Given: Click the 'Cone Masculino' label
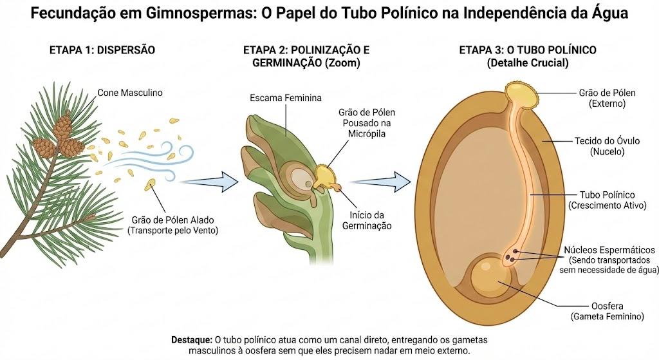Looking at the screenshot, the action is pos(130,93).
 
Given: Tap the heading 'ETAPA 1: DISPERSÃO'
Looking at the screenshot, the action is pos(102,50).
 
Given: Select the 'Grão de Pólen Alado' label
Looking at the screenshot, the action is pos(172,220).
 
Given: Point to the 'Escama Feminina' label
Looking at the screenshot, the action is pos(286,98).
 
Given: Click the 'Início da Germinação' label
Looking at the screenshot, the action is pos(367,220).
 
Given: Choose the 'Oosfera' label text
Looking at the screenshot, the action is pos(608,306).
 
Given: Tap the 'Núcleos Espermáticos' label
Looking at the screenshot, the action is pos(609,250).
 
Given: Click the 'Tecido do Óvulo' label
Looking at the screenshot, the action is pos(608,141).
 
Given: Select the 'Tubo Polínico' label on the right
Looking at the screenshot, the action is pos(608,194).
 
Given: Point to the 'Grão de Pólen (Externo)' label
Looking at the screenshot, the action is pos(608,98).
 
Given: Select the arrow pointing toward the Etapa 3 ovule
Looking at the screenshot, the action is pos(380,182).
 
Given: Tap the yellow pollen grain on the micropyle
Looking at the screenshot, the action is pos(324,176).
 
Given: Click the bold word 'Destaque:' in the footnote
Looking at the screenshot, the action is pos(192,339).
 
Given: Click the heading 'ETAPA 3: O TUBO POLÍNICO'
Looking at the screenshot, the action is pos(528,50).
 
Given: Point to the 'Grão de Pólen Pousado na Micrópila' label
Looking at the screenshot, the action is pos(367,123).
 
